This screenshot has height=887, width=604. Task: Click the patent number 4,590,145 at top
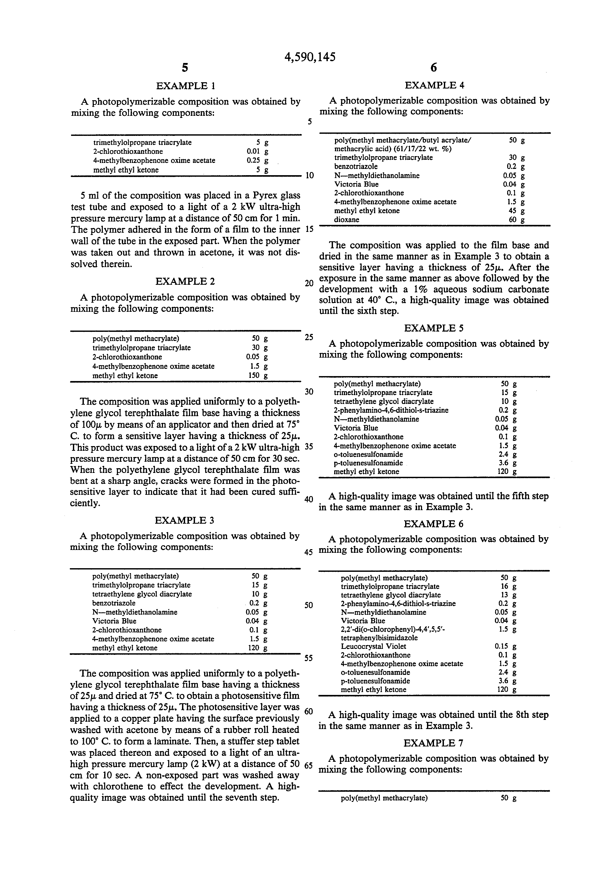click(x=310, y=57)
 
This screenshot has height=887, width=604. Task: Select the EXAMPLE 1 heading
click(x=186, y=86)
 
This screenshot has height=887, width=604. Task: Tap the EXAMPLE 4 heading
click(x=435, y=85)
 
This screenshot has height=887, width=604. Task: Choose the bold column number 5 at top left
click(x=185, y=68)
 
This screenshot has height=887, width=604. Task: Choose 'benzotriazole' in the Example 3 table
click(x=114, y=603)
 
